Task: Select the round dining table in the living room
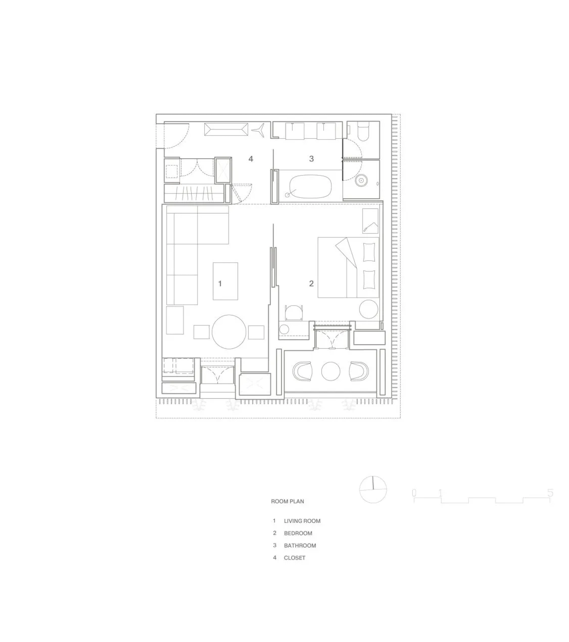tap(229, 332)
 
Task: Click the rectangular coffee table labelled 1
tap(225, 281)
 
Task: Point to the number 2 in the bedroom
tap(311, 283)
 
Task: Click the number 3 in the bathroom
tap(311, 159)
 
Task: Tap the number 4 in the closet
tap(250, 159)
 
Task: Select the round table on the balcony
tap(331, 371)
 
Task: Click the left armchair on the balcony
tap(302, 371)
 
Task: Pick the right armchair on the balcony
tap(359, 371)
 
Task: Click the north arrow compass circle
tap(373, 490)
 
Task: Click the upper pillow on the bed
tap(369, 252)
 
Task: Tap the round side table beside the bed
tap(369, 309)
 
